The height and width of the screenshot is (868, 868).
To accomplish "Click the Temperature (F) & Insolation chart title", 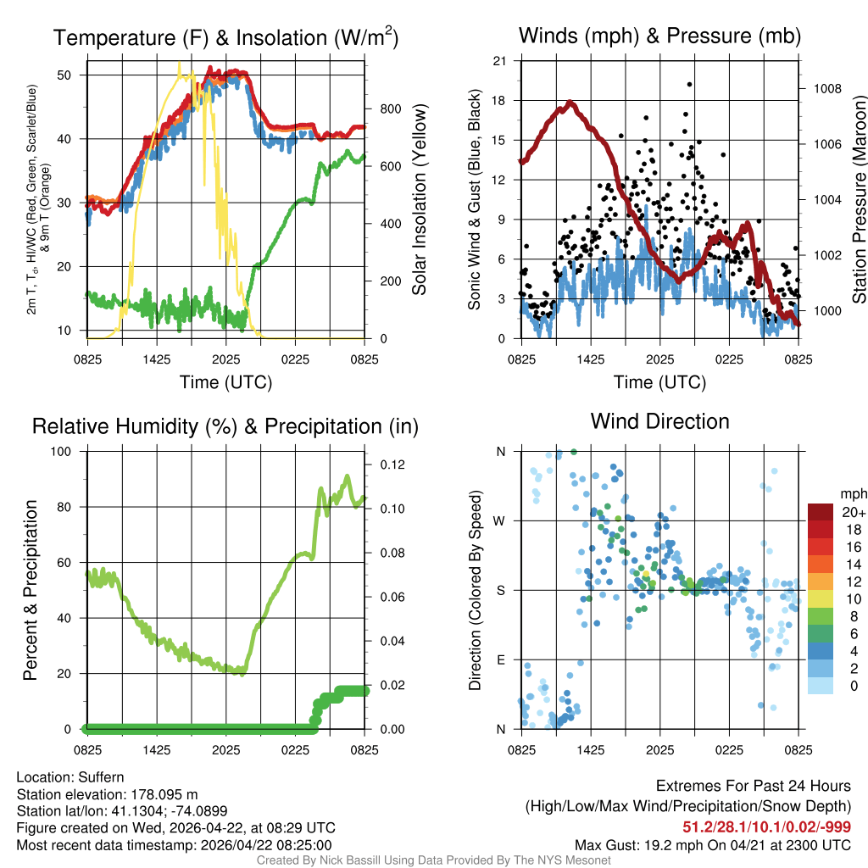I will point(225,37).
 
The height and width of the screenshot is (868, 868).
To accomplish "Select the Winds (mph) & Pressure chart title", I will point(659,36).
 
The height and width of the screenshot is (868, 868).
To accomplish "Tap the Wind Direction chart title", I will point(659,421).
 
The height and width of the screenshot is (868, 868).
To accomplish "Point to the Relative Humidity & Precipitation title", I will point(225,426).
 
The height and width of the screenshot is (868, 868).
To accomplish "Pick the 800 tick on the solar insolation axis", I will point(390,109).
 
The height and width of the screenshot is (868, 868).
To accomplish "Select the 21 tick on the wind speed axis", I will point(499,60).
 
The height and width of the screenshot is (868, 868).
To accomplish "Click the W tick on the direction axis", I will point(500,520).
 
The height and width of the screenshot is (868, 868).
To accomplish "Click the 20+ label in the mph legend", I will point(853,512).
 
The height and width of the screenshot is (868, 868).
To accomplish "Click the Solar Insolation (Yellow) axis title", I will point(420,200).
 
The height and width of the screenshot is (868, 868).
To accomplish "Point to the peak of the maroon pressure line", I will point(570,103).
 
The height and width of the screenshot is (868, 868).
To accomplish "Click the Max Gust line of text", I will point(713,845).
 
